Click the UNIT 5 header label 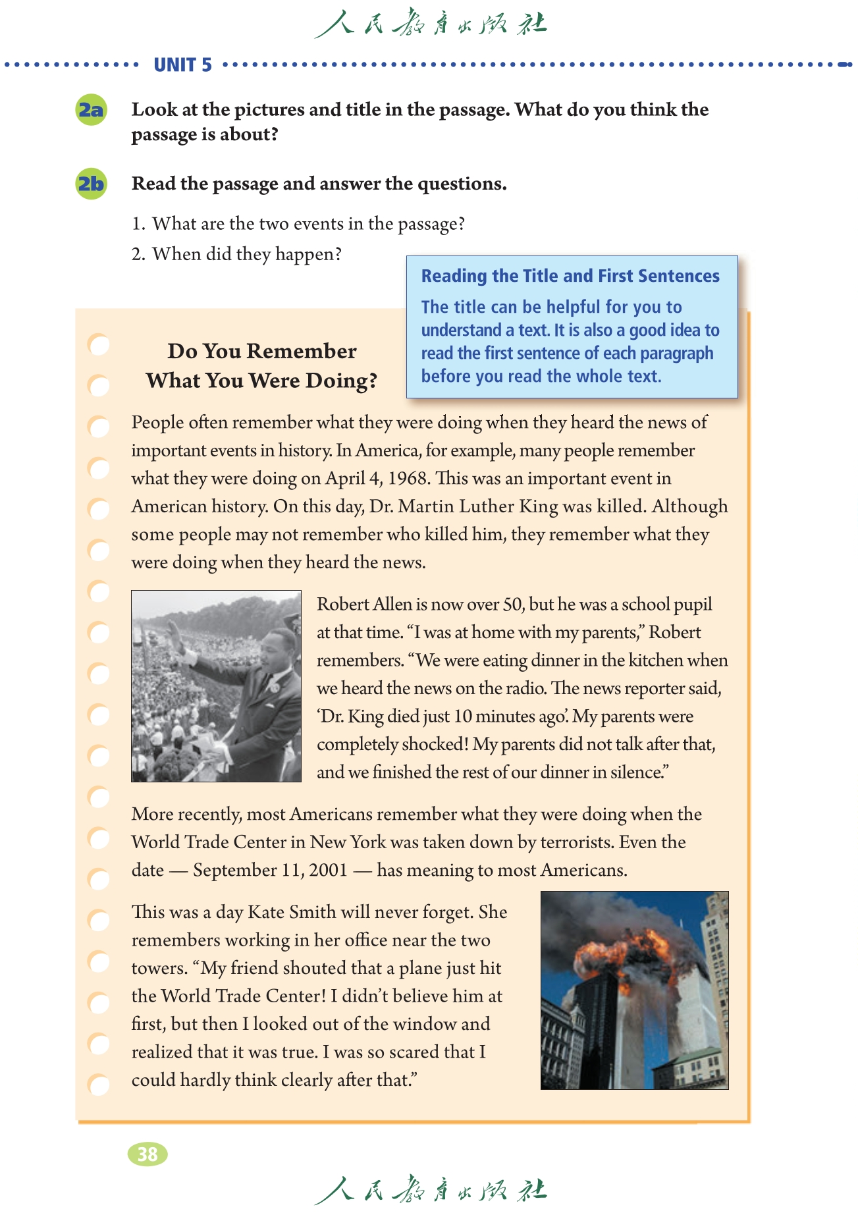pyautogui.click(x=182, y=65)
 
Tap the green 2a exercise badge pyautogui.click(x=92, y=110)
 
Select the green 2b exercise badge pyautogui.click(x=92, y=184)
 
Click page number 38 pyautogui.click(x=147, y=1154)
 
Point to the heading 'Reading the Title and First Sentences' pyautogui.click(x=570, y=276)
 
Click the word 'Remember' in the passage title pyautogui.click(x=302, y=351)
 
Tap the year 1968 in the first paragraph pyautogui.click(x=408, y=479)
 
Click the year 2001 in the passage pyautogui.click(x=328, y=871)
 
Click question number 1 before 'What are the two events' pyautogui.click(x=138, y=225)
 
